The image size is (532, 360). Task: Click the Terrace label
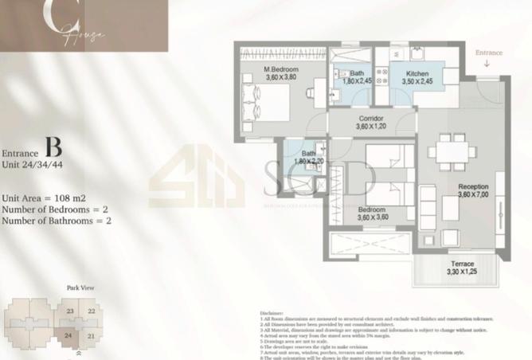[462, 264]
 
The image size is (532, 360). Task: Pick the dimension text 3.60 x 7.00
[473, 194]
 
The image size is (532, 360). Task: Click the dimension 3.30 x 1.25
[462, 272]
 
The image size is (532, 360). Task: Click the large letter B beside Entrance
[53, 148]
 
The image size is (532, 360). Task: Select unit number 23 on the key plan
[70, 311]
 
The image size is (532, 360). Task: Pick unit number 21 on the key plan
[91, 335]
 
